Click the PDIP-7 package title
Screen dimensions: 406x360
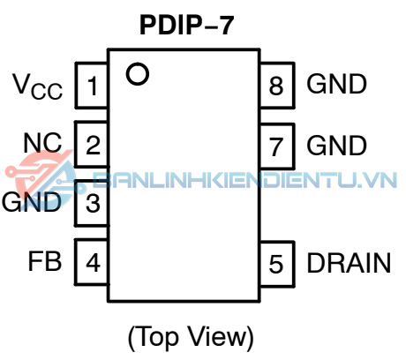click(x=187, y=25)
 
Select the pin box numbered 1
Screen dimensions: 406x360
click(x=92, y=86)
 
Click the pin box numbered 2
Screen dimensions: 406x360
click(x=92, y=144)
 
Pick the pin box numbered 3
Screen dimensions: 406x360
click(x=92, y=203)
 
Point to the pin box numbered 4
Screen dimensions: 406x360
click(x=92, y=262)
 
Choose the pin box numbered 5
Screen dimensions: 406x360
click(x=277, y=264)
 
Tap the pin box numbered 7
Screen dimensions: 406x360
click(x=277, y=146)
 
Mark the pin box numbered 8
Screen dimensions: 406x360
click(x=277, y=86)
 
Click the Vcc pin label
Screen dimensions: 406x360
click(x=38, y=86)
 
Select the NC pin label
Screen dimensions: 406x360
click(x=42, y=143)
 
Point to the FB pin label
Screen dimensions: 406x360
click(x=45, y=261)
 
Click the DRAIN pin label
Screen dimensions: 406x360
click(x=349, y=263)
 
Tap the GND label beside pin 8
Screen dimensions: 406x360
click(x=337, y=84)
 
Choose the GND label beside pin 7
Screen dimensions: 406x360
click(x=337, y=145)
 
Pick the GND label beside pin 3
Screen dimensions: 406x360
click(x=32, y=202)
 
